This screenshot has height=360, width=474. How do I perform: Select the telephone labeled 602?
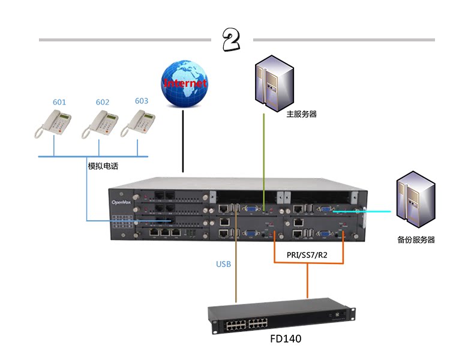click(99, 124)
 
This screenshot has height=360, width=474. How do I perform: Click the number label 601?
click(59, 102)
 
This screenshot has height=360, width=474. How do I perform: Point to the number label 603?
click(142, 101)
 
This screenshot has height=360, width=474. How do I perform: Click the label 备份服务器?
click(416, 239)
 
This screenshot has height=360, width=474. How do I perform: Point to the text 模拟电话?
click(103, 166)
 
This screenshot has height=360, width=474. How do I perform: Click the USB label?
click(223, 264)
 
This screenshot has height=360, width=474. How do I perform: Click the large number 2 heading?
click(231, 40)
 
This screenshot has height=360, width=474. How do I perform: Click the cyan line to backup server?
click(366, 211)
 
